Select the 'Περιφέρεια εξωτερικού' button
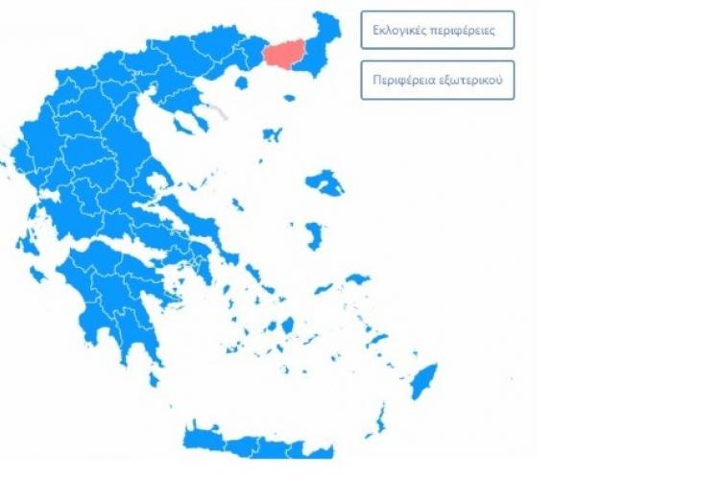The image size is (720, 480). point(438,80)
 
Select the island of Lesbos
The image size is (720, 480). point(325,181)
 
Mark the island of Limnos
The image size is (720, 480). point(272,134)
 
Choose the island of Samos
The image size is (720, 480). point(356,279)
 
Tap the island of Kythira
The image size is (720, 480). point(154,379)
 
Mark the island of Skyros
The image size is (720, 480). point(237,204)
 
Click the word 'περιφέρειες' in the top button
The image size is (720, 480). point(467,30)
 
